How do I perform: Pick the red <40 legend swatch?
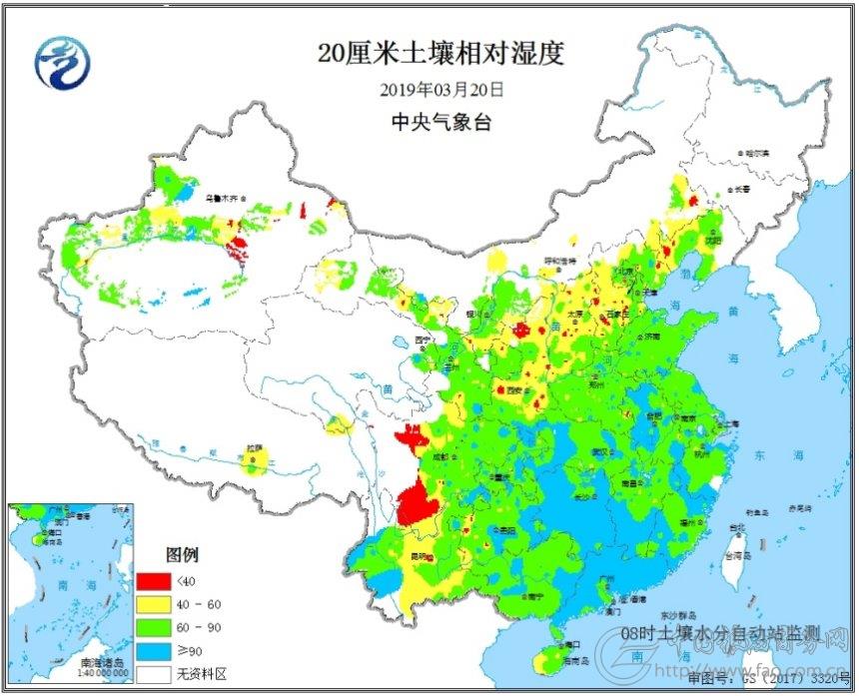(x=152, y=581)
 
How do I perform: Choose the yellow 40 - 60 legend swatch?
(x=152, y=605)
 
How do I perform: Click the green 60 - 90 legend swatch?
(x=152, y=628)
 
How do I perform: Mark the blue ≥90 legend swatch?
(x=152, y=651)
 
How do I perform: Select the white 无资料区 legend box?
(x=152, y=673)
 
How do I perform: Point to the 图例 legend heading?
(x=183, y=553)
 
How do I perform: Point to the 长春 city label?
(x=740, y=188)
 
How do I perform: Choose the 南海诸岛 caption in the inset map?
(x=102, y=662)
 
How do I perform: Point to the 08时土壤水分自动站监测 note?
(x=719, y=633)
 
